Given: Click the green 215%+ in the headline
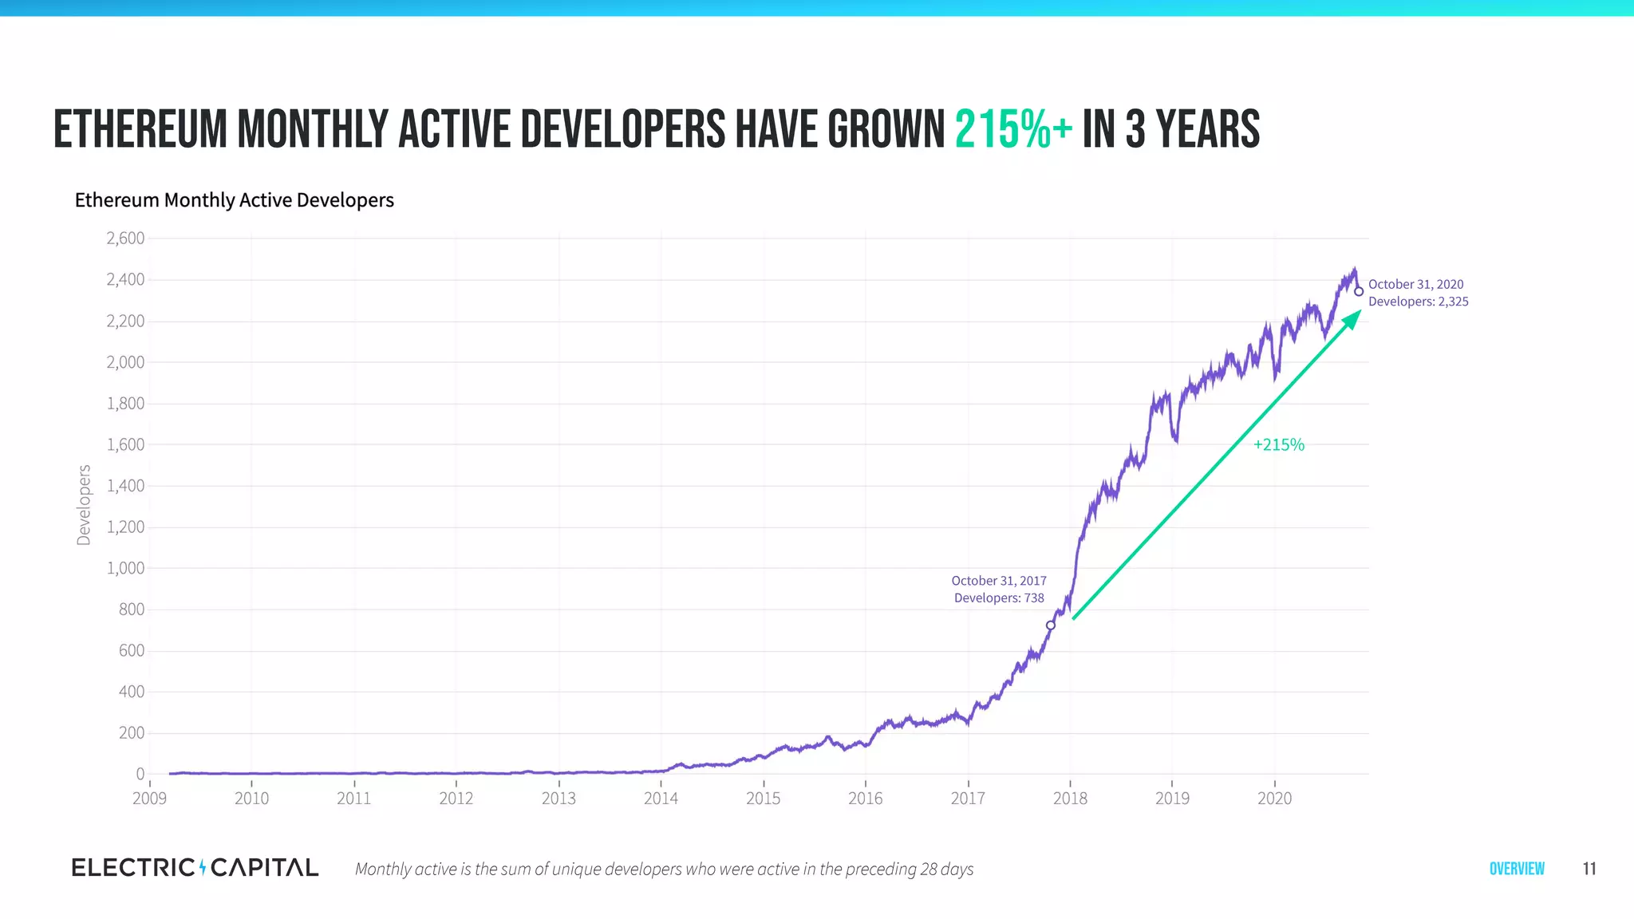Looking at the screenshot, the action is [1013, 129].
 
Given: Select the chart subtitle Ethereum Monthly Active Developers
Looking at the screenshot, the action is [234, 199].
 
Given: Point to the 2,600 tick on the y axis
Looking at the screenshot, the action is [125, 238].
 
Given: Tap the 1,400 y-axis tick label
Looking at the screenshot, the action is [125, 485].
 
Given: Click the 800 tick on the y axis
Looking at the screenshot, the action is [132, 609].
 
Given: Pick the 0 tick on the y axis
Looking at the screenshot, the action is [140, 773].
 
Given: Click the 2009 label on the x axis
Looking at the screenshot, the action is [149, 798].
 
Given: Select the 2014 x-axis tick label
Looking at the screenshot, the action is [661, 798].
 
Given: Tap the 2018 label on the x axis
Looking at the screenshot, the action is [1070, 798].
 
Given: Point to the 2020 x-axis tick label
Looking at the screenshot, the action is [1274, 798].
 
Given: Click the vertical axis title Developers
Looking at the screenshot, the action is [84, 505].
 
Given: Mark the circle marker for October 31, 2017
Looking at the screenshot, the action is [1051, 625].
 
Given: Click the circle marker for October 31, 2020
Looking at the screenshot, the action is [1359, 291].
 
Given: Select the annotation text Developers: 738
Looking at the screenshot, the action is [999, 598].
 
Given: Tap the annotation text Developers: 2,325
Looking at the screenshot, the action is [1418, 302].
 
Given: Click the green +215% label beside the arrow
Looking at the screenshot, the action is [1278, 444].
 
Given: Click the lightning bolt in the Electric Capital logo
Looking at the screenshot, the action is [203, 867].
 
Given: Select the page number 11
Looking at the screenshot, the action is [1589, 869].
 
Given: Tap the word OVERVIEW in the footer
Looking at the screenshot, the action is [1517, 869].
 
